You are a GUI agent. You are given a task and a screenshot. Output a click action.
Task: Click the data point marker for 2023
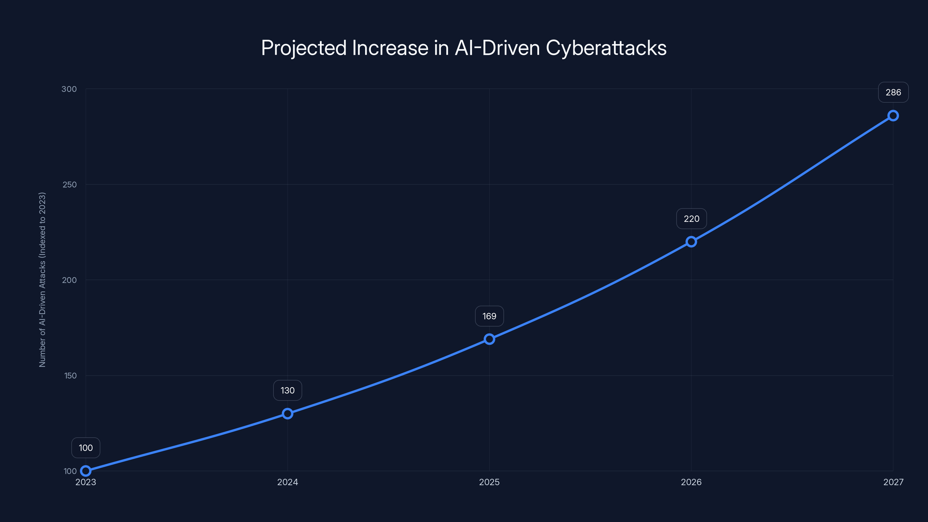point(86,471)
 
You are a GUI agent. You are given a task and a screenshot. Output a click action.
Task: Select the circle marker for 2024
point(287,413)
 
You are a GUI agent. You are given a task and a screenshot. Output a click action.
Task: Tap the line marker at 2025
point(489,339)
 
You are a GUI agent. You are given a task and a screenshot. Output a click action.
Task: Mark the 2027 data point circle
point(893,116)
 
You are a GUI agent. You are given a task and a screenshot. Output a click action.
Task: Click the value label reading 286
point(893,93)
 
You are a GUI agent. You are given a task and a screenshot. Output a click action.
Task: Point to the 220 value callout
point(691,219)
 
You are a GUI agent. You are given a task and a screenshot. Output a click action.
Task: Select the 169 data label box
point(489,316)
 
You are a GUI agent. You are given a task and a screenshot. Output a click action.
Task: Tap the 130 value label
point(287,391)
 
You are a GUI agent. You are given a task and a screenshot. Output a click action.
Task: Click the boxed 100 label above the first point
point(86,448)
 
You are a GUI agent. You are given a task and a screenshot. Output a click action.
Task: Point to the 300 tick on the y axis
point(69,89)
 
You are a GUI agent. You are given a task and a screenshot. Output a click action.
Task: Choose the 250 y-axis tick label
point(70,184)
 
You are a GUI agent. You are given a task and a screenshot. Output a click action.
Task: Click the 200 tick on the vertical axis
point(70,280)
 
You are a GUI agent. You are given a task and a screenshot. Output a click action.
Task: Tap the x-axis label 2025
point(489,482)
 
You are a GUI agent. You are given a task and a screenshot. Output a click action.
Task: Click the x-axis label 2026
point(691,482)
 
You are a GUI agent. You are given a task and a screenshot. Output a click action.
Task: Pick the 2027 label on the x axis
point(893,482)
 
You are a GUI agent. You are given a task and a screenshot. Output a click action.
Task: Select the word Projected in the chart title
point(304,48)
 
